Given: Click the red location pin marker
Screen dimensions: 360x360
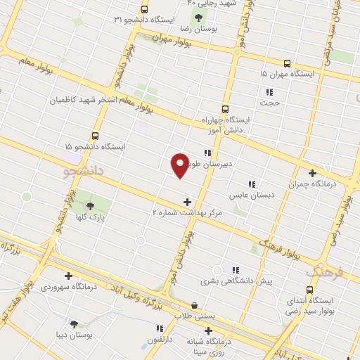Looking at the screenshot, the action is click(x=180, y=165).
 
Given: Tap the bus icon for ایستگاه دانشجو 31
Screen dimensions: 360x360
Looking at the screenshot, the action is click(x=144, y=9).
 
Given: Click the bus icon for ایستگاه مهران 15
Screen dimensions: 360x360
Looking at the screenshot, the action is click(x=287, y=63).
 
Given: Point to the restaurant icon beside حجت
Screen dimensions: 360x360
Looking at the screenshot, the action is click(x=269, y=91).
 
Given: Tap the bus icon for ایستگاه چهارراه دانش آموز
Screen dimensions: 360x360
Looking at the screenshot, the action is click(x=225, y=109).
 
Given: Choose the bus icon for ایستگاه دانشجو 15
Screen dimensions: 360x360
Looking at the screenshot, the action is click(x=95, y=136).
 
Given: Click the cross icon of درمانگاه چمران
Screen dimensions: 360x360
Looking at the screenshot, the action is click(x=312, y=173).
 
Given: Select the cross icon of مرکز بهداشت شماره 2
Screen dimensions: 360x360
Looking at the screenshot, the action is click(x=186, y=202).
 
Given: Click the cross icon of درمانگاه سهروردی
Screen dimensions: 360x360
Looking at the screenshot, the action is click(x=68, y=276).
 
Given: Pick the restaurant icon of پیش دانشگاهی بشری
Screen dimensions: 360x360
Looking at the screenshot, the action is click(x=235, y=270).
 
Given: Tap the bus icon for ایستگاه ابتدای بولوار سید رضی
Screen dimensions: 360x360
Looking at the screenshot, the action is click(x=309, y=289).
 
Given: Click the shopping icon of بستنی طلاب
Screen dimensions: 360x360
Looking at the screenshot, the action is click(x=194, y=305).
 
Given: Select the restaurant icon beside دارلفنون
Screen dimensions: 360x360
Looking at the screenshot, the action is click(x=160, y=328).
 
